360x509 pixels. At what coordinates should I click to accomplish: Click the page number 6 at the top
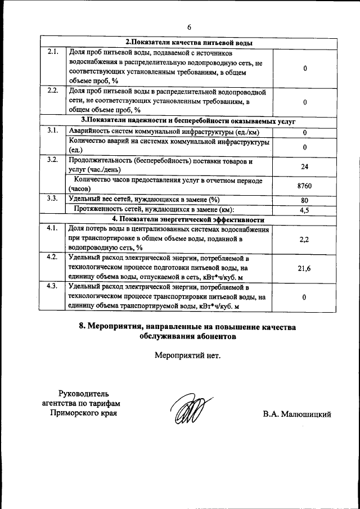[x=189, y=27]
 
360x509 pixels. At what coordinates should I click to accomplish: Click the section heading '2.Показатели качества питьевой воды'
[x=188, y=43]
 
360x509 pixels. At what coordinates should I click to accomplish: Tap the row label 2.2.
[x=53, y=91]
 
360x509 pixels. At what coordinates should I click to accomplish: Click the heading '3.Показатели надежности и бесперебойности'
[x=188, y=120]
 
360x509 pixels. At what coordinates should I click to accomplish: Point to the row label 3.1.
[x=53, y=130]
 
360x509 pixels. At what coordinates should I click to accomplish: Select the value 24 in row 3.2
[x=304, y=166]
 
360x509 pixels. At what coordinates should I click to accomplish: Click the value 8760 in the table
[x=304, y=186]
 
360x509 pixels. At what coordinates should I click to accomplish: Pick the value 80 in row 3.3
[x=304, y=199]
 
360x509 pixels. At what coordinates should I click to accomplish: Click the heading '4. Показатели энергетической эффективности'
[x=188, y=219]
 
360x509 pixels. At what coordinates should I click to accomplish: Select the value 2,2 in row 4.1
[x=304, y=239]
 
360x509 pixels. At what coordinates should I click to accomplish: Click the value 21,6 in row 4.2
[x=304, y=268]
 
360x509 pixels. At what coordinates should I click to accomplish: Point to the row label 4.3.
[x=53, y=287]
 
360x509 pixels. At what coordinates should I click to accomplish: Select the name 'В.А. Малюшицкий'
[x=296, y=415]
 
